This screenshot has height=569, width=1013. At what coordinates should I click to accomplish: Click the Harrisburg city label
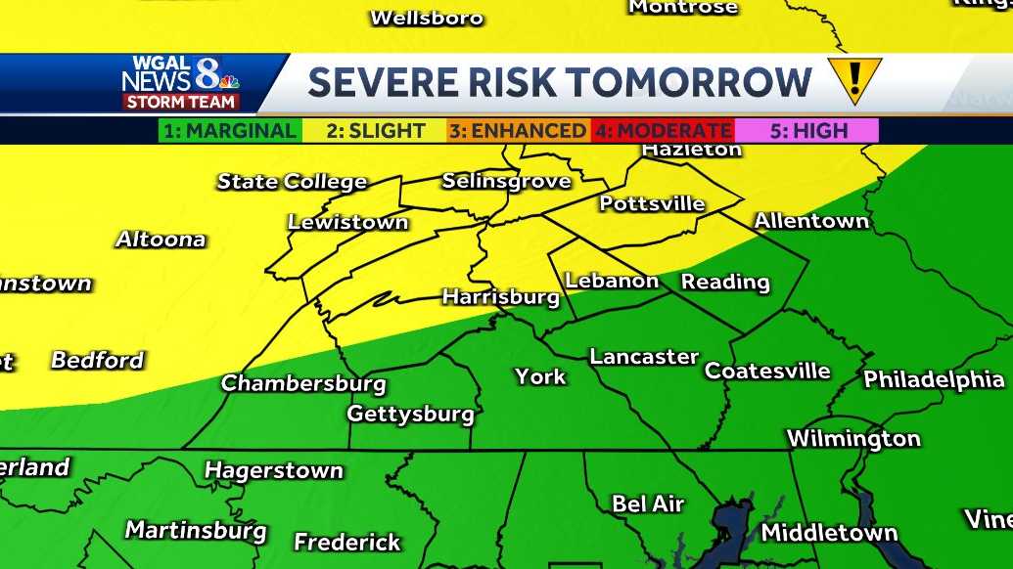(500, 296)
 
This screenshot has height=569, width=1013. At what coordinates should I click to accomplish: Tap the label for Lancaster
(644, 357)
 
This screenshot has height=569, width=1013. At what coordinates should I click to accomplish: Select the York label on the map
(540, 375)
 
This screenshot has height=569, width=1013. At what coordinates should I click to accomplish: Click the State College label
(292, 182)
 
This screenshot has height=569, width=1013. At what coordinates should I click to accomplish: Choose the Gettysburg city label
(410, 414)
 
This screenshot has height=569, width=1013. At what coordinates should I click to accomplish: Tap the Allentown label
(811, 221)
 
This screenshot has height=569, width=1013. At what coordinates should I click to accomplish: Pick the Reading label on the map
(725, 283)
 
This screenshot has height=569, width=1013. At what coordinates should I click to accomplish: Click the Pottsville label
(652, 203)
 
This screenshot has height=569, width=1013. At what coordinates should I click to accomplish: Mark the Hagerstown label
(273, 471)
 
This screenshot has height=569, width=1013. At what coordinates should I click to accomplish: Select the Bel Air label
(647, 504)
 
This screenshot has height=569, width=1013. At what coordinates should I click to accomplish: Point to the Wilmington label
(853, 438)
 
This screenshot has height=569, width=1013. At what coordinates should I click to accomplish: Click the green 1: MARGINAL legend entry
(230, 131)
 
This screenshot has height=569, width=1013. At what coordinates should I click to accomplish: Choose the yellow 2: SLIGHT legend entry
(376, 131)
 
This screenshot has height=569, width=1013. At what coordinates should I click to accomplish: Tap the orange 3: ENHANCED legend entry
(517, 131)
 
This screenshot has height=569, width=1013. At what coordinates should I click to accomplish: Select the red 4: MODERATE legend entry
(663, 131)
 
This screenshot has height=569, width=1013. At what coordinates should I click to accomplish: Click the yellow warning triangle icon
(854, 79)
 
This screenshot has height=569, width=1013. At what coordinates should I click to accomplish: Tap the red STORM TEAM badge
(180, 102)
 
